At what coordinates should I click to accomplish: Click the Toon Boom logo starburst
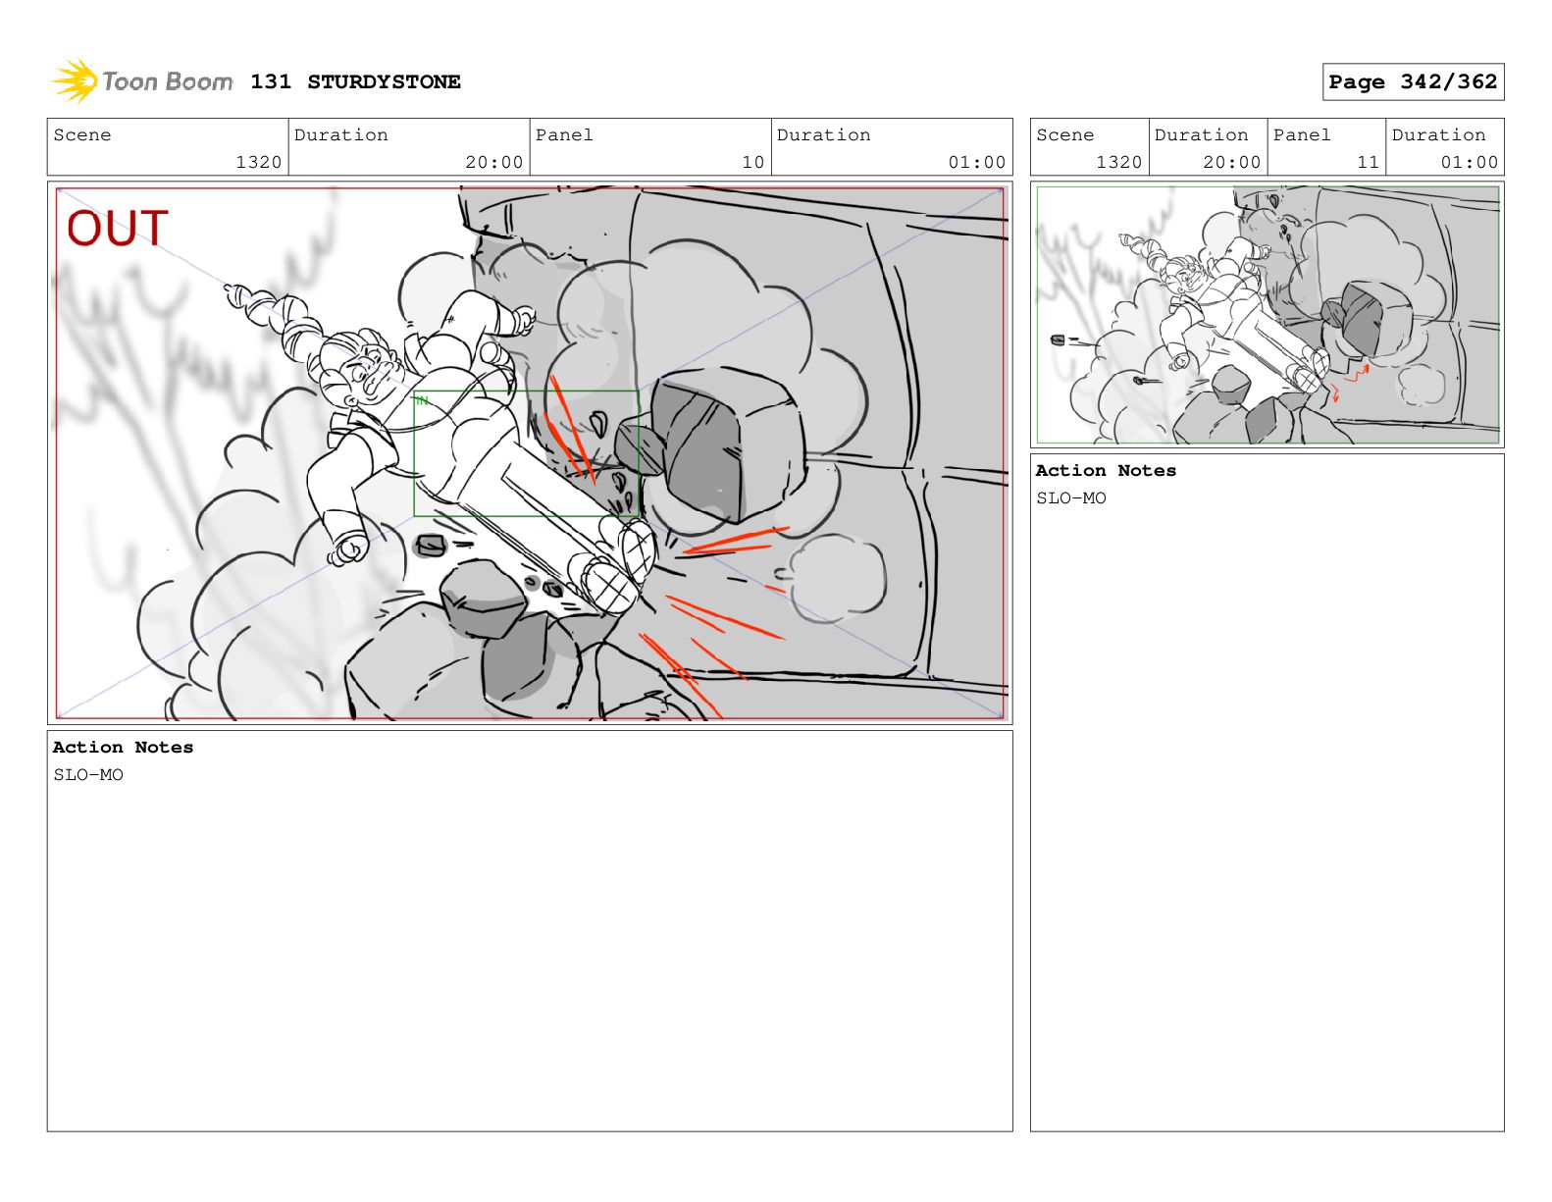[x=75, y=80]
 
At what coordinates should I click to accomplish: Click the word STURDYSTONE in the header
[x=384, y=82]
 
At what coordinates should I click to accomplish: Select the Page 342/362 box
[x=1412, y=82]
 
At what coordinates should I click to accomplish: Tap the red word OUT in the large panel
[x=117, y=228]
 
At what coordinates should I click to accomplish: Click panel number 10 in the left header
[x=752, y=163]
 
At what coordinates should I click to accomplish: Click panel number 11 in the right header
[x=1368, y=163]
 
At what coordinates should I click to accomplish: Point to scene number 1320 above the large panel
[x=259, y=163]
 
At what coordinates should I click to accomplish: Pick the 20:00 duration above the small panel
[x=1231, y=163]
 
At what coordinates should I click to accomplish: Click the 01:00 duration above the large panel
[x=976, y=163]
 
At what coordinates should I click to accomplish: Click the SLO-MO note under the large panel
[x=88, y=775]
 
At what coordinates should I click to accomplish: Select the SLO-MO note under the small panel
[x=1070, y=498]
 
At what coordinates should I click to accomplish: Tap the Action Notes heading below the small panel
[x=1105, y=471]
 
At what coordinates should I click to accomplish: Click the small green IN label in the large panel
[x=422, y=400]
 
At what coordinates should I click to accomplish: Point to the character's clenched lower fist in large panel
[x=348, y=549]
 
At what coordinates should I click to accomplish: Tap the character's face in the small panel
[x=1187, y=278]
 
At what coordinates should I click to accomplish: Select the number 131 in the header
[x=271, y=82]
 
